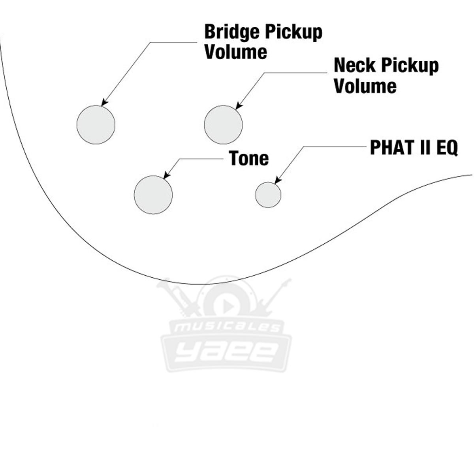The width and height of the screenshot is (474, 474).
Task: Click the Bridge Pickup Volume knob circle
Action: pyautogui.click(x=96, y=125)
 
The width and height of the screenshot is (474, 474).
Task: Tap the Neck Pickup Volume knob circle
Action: pyautogui.click(x=223, y=125)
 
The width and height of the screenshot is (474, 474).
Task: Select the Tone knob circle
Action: pyautogui.click(x=153, y=195)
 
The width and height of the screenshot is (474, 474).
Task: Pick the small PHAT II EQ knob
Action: pyautogui.click(x=268, y=195)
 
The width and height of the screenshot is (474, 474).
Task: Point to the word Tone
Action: pyautogui.click(x=249, y=158)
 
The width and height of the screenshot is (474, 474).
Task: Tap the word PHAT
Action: pyautogui.click(x=391, y=148)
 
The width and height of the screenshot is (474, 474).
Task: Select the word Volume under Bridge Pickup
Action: pyautogui.click(x=236, y=52)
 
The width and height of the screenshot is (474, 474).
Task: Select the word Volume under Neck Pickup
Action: pyautogui.click(x=365, y=86)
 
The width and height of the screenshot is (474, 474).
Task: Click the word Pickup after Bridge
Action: pyautogui.click(x=293, y=32)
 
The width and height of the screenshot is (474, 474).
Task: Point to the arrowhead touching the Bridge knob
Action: pyautogui.click(x=104, y=103)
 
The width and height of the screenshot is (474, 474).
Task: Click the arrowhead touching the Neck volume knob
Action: pyautogui.click(x=238, y=106)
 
